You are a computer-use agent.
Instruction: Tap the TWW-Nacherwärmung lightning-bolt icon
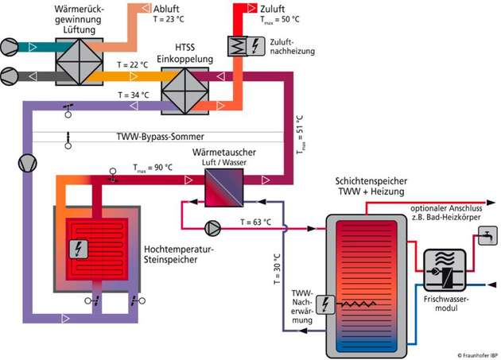pyautogui.click(x=326, y=304)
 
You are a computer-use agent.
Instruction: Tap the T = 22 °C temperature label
pyautogui.click(x=132, y=64)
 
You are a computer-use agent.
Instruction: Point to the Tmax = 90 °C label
pyautogui.click(x=152, y=167)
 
